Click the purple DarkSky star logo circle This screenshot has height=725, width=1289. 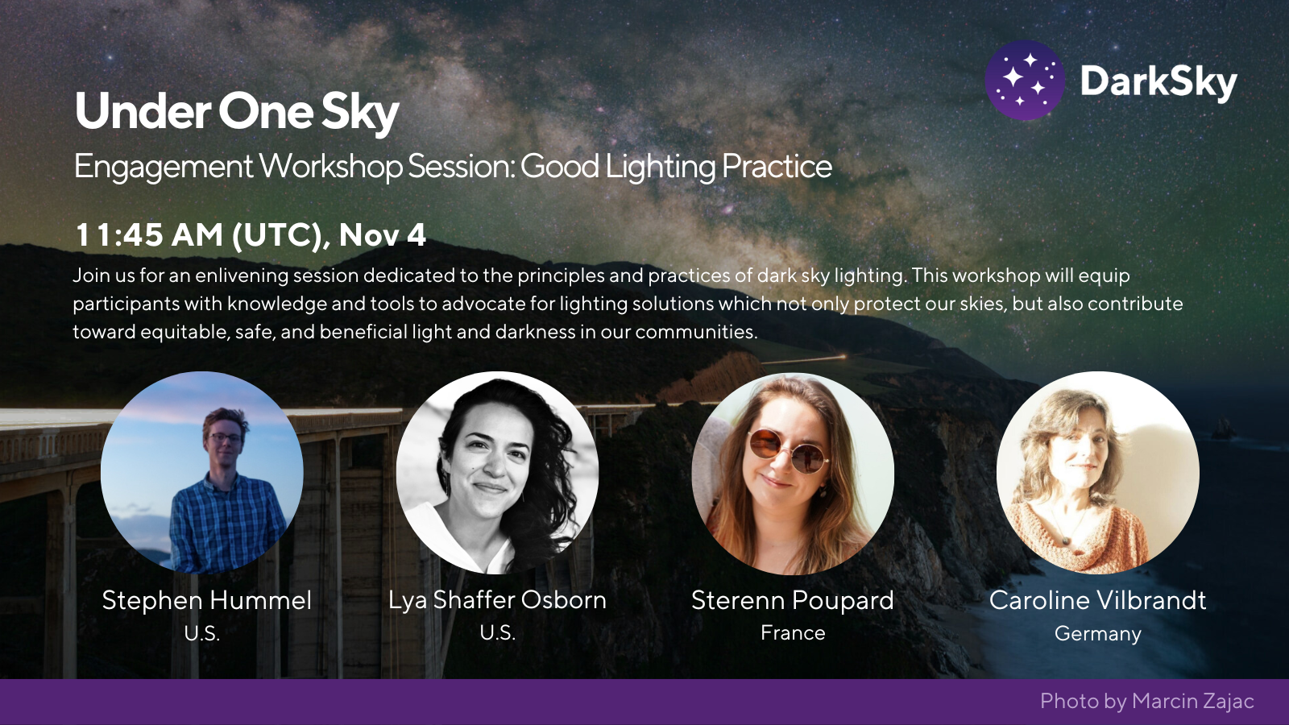(1024, 80)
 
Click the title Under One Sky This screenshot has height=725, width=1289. (237, 112)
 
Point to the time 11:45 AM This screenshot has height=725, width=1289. (149, 234)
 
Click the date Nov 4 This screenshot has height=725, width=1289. (383, 234)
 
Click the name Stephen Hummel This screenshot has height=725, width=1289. (206, 600)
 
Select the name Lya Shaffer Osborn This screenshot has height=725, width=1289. (497, 600)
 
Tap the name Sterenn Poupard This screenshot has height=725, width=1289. (793, 601)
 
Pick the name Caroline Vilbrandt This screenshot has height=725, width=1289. (1097, 600)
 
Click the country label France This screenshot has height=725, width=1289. (793, 633)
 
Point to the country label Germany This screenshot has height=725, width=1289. (1097, 634)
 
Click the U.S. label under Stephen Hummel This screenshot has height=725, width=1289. (202, 633)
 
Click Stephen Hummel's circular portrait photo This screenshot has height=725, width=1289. (202, 472)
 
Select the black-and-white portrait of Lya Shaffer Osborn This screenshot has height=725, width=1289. (497, 472)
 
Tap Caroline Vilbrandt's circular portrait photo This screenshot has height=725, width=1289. (1097, 472)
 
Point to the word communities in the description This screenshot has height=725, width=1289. (696, 332)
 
